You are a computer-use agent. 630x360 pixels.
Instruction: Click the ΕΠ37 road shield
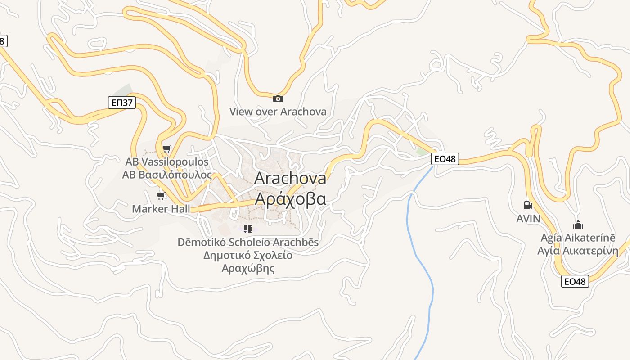pos(122,103)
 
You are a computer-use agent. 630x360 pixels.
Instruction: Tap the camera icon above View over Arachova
pos(278,99)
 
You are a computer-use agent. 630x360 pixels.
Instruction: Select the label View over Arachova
pos(278,112)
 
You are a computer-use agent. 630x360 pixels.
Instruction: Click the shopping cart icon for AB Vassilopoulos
pos(167,148)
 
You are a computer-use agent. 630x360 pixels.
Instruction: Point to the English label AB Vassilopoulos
pos(167,162)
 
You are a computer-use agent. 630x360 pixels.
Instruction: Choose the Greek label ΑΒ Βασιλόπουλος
pos(167,175)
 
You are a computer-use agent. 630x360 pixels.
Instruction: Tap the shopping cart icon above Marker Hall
pos(161,196)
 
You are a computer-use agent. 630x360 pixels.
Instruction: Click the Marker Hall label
pos(161,209)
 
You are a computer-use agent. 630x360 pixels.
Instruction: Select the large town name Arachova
pos(290,178)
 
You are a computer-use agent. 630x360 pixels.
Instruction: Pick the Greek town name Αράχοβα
pos(290,198)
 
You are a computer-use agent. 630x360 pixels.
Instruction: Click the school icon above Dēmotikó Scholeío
pos(247,229)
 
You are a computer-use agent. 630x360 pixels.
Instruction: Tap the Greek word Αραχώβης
pos(248,269)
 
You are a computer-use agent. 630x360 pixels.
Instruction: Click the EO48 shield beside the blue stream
pos(445,159)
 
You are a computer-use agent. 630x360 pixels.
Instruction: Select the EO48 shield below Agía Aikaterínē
pos(575,282)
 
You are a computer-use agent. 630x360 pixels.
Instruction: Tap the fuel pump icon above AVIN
pos(528,205)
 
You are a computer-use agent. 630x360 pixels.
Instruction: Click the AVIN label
pos(528,219)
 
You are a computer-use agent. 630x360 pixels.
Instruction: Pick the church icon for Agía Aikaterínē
pos(578,225)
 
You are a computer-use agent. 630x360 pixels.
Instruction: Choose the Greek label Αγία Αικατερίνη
pos(578,251)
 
